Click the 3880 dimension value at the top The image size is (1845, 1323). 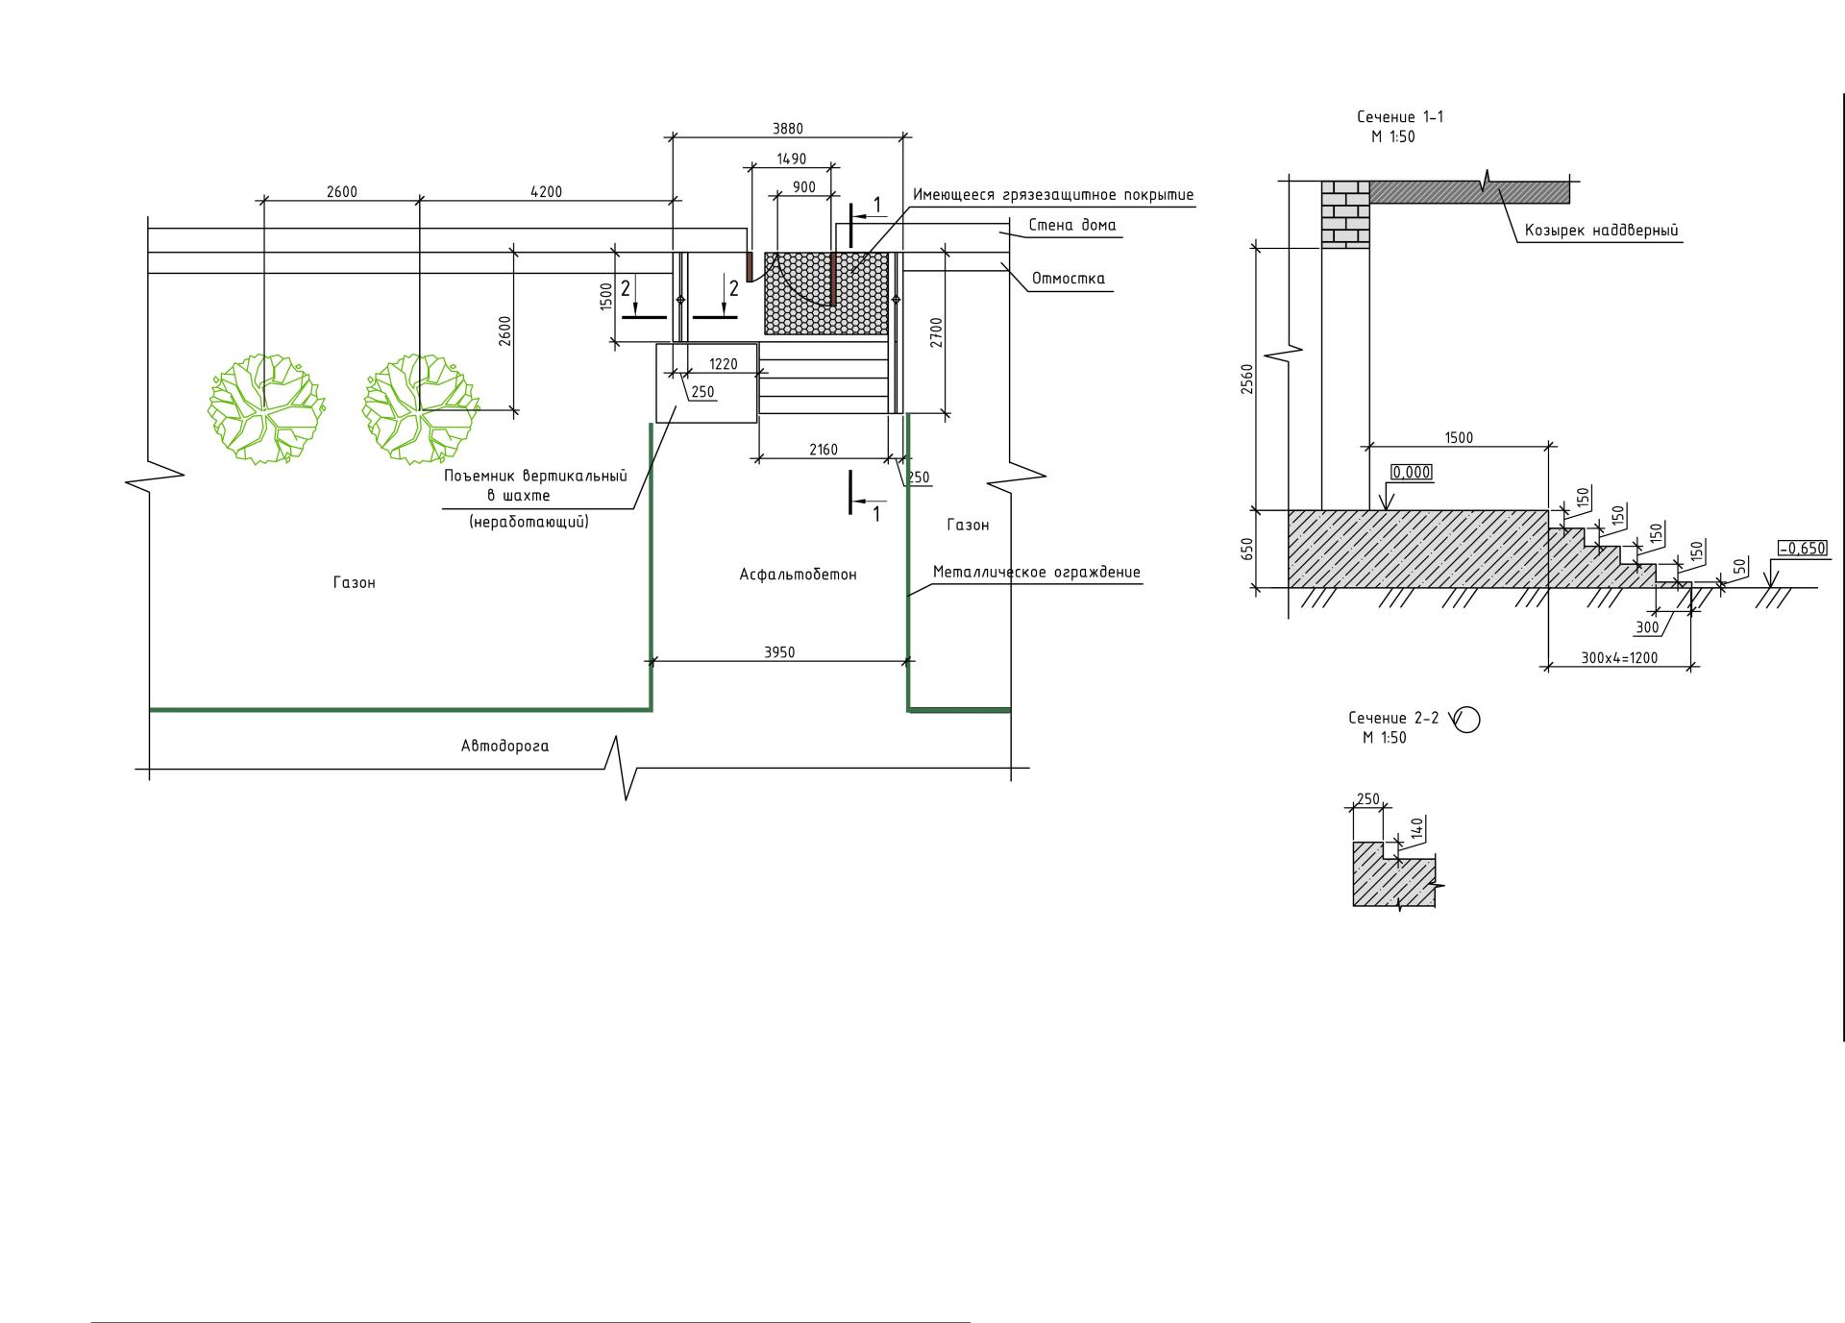coord(788,129)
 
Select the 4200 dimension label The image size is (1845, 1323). coord(546,191)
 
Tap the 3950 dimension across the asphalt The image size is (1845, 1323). coord(779,652)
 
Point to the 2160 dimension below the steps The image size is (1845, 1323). coord(824,449)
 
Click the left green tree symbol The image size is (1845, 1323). coord(266,408)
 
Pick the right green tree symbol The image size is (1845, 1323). coord(420,408)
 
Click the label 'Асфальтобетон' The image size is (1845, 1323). coord(798,575)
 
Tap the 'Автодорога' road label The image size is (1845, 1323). coord(505,746)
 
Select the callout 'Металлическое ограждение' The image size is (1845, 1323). coord(1037,573)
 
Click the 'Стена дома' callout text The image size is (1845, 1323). coord(1072,226)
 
